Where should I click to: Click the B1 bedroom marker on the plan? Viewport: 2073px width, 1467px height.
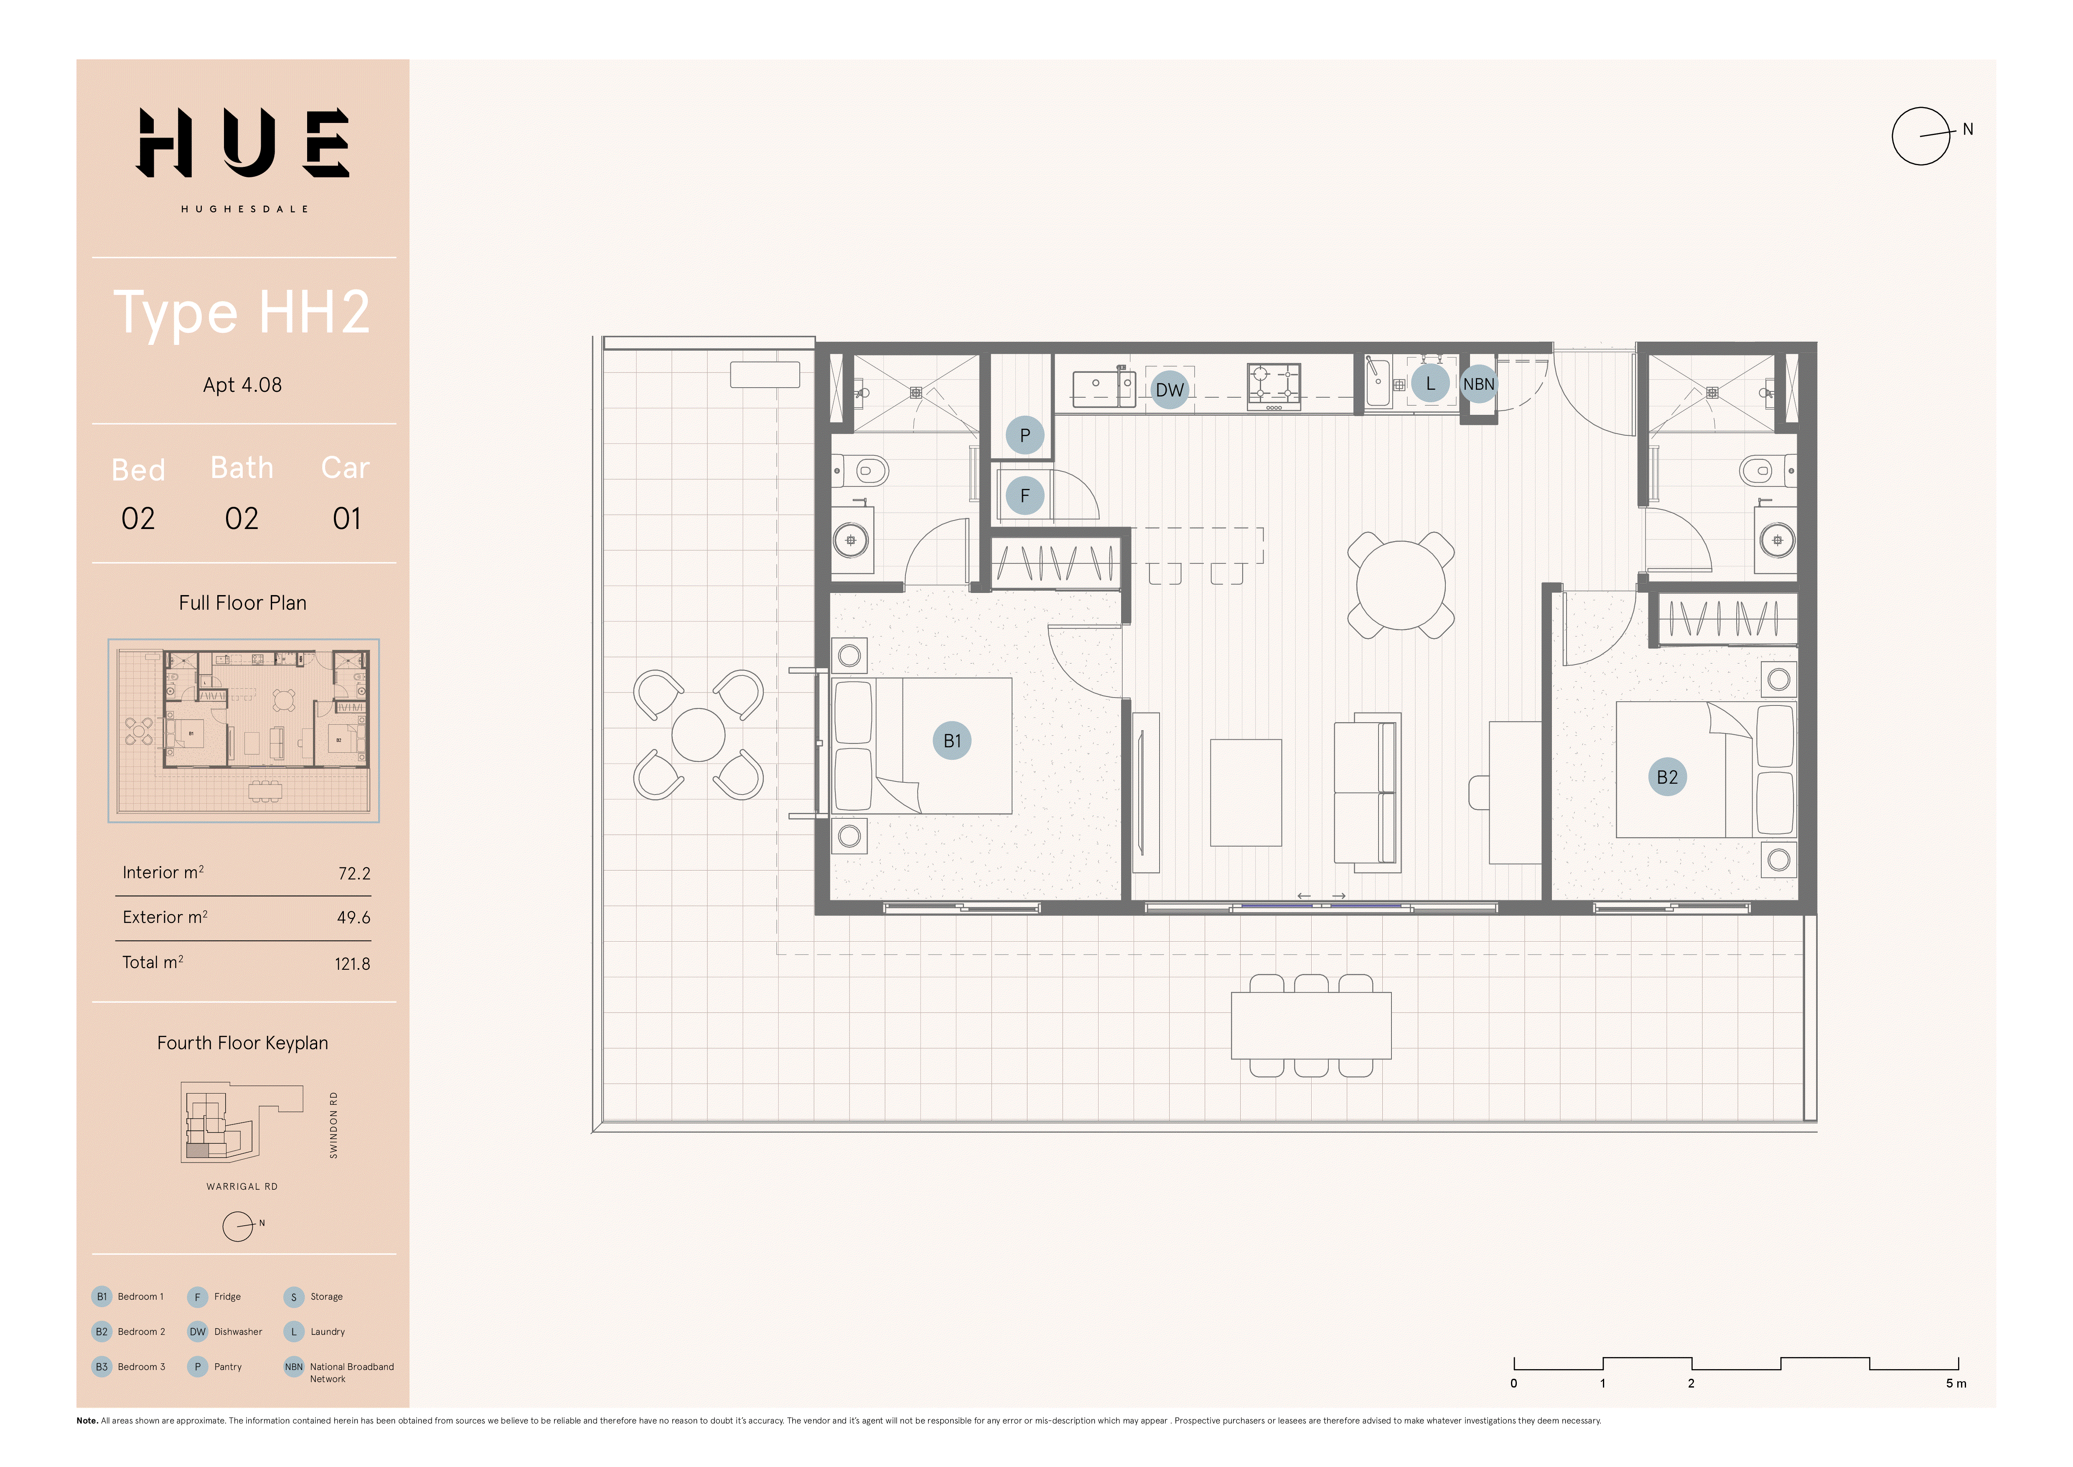tap(951, 741)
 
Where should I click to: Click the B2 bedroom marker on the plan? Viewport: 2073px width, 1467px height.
tap(1667, 777)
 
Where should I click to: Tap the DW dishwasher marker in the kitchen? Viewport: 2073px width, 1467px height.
tap(1169, 390)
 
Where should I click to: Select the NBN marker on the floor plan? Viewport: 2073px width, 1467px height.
tap(1478, 384)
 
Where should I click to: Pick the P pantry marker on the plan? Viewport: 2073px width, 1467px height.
tap(1025, 435)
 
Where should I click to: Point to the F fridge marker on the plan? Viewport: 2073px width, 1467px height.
tap(1025, 495)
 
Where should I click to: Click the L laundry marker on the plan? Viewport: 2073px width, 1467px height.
tap(1430, 384)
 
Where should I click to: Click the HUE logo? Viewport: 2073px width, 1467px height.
tap(242, 143)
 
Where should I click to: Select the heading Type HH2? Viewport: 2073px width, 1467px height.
tap(242, 312)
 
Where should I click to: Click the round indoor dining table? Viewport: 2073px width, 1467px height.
tap(1400, 585)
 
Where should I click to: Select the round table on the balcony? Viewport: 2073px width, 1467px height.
tap(698, 734)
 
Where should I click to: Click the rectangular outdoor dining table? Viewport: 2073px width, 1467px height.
tap(1311, 1025)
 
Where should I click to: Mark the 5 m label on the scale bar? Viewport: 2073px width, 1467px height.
tap(1956, 1383)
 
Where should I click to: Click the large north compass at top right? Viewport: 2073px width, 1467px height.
tap(1921, 136)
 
